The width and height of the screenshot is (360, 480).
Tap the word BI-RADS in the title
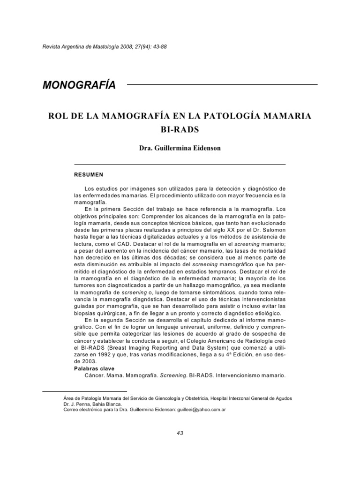coord(180,128)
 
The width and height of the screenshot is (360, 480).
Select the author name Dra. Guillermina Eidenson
coord(180,148)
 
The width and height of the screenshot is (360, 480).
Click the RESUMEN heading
coord(89,174)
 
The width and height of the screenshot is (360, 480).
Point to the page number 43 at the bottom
coord(180,433)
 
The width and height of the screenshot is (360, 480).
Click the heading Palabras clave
coord(94,369)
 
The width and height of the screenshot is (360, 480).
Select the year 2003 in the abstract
coord(90,362)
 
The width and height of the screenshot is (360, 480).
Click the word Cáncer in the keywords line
coord(96,375)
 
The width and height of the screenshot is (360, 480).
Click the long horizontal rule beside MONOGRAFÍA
coord(222,85)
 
